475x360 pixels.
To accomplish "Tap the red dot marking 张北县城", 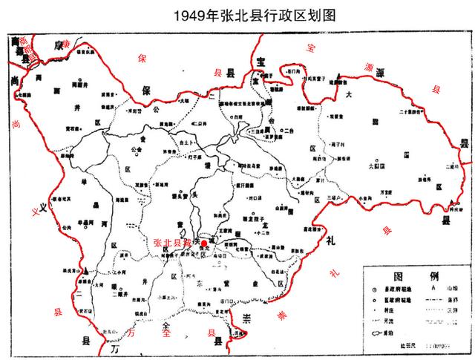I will (x=204, y=243).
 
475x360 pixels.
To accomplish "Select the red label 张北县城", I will (x=176, y=243).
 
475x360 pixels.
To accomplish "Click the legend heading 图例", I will (x=412, y=272).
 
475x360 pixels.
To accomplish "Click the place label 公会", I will (x=137, y=148).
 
